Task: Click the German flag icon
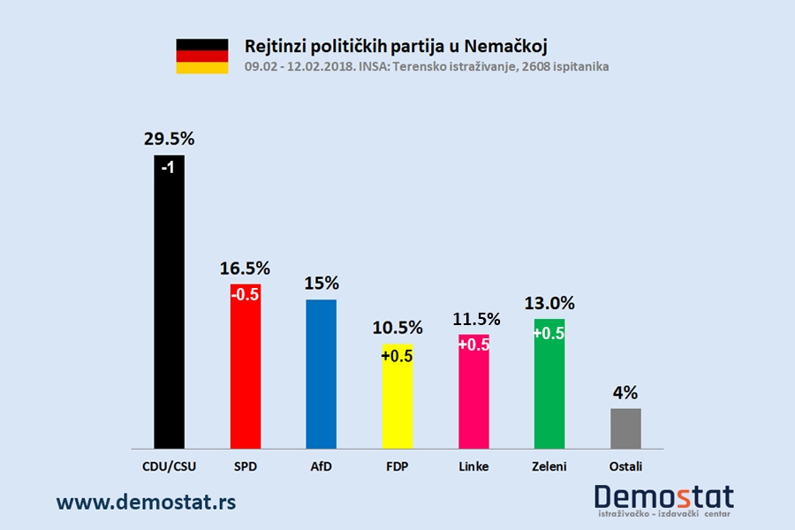202,56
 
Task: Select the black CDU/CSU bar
170,300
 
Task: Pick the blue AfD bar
321,374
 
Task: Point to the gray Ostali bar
625,428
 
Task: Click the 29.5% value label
170,139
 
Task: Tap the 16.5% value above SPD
245,268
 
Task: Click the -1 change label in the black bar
170,169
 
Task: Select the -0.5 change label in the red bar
246,296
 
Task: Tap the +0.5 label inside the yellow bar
397,356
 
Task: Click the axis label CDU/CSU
170,466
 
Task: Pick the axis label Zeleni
549,466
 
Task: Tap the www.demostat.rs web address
146,502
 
